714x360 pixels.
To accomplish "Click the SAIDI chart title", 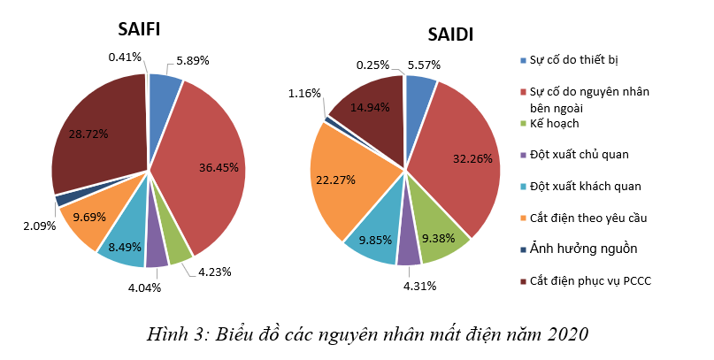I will pyautogui.click(x=450, y=34).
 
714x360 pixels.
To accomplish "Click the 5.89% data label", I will pyautogui.click(x=192, y=60).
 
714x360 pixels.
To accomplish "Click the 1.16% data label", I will pyautogui.click(x=304, y=93).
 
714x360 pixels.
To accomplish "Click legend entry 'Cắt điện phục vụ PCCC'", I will pyautogui.click(x=590, y=280).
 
